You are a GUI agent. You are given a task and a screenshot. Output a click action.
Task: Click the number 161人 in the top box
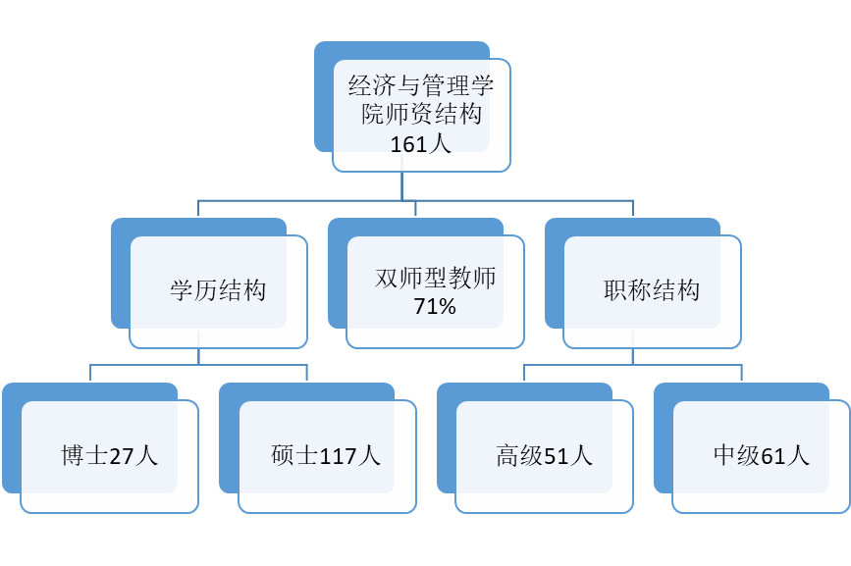(420, 145)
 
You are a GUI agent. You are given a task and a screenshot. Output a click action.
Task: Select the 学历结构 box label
(218, 291)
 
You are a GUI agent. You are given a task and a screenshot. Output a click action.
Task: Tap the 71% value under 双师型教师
(435, 307)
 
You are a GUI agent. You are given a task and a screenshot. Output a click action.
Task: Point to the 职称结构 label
(652, 291)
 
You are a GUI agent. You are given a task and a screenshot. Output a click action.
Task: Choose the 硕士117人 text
(326, 456)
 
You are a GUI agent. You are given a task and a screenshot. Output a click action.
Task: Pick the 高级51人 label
(544, 456)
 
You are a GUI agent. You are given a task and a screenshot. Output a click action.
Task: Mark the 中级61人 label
(761, 456)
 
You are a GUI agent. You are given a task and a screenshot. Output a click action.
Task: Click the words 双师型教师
(435, 278)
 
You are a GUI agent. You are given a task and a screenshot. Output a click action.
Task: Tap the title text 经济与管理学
(421, 86)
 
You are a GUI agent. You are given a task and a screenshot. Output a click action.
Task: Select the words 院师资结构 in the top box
(421, 115)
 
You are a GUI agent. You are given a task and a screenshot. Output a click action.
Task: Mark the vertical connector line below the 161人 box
(401, 186)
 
